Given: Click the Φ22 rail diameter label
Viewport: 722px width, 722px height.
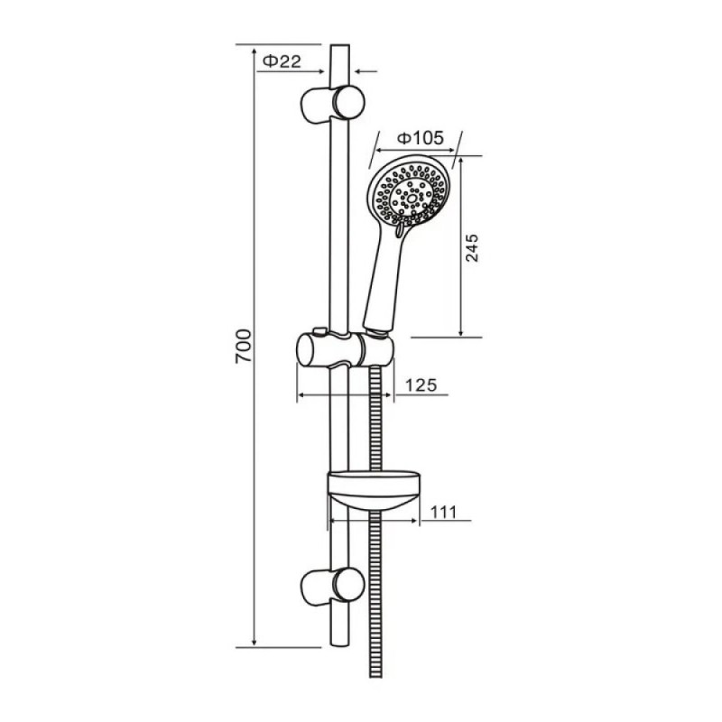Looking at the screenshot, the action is tap(282, 60).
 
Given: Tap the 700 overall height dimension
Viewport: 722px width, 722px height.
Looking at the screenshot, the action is tap(244, 346).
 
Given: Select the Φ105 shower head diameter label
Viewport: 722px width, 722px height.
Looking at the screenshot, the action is tap(421, 138).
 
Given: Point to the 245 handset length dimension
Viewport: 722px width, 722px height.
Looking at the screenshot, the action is tap(472, 247).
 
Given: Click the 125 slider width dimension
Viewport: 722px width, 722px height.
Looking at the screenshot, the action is tap(421, 385).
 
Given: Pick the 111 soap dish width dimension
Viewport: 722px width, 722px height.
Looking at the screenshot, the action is tap(442, 512).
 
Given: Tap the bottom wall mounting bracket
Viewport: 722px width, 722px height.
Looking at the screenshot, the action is tap(332, 586).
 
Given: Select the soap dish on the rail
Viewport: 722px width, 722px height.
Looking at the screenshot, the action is tap(374, 490).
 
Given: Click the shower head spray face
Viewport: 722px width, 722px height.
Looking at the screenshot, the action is tap(409, 195).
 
